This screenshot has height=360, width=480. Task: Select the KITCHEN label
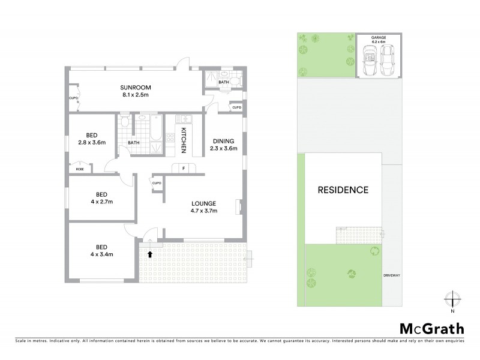coord(184,140)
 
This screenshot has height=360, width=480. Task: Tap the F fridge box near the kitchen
coord(183,168)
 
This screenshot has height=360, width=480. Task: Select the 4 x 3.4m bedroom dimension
coord(101,254)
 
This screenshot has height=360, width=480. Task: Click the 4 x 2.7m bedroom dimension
coord(101,201)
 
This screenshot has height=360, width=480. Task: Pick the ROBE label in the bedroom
coord(79,170)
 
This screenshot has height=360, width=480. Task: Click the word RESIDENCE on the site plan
coord(343,190)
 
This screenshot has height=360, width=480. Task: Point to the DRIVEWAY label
coord(392,275)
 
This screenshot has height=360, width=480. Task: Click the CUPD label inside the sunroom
coord(73,97)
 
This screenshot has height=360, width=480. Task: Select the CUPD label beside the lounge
coord(157,183)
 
